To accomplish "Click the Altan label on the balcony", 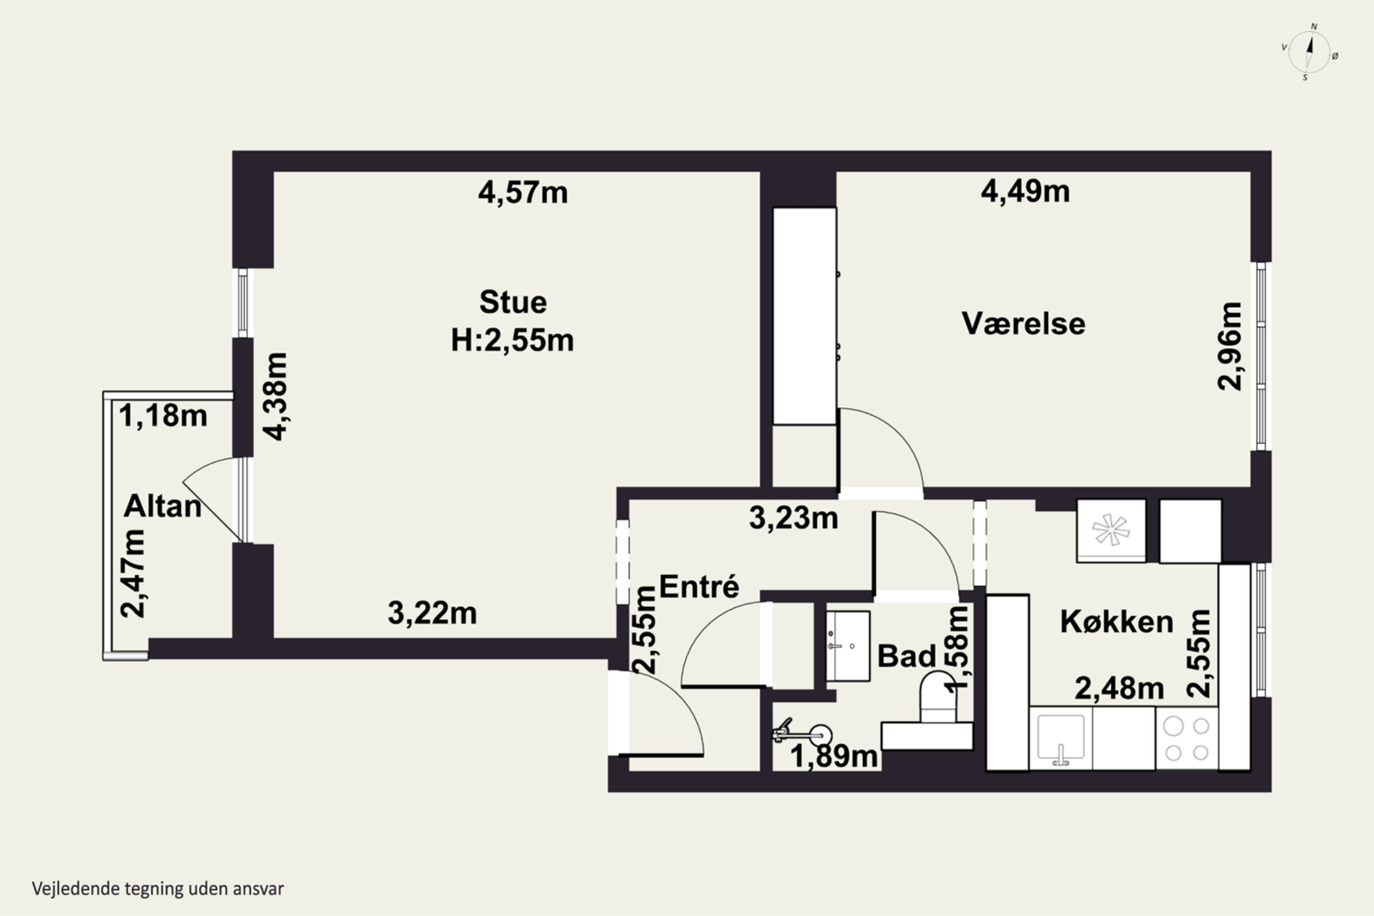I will tap(163, 507).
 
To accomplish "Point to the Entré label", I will tap(699, 587).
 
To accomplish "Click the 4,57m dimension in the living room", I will tap(523, 193).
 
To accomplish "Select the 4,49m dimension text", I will tap(1025, 191).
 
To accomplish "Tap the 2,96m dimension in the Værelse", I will tap(1229, 346).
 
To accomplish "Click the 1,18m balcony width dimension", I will tap(163, 416).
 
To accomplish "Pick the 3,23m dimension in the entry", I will tap(793, 518).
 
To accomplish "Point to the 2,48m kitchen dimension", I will tap(1119, 689).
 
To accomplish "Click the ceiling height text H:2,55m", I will tap(513, 341).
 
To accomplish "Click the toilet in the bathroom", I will tap(938, 698).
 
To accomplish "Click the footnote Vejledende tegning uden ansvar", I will tap(158, 889).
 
